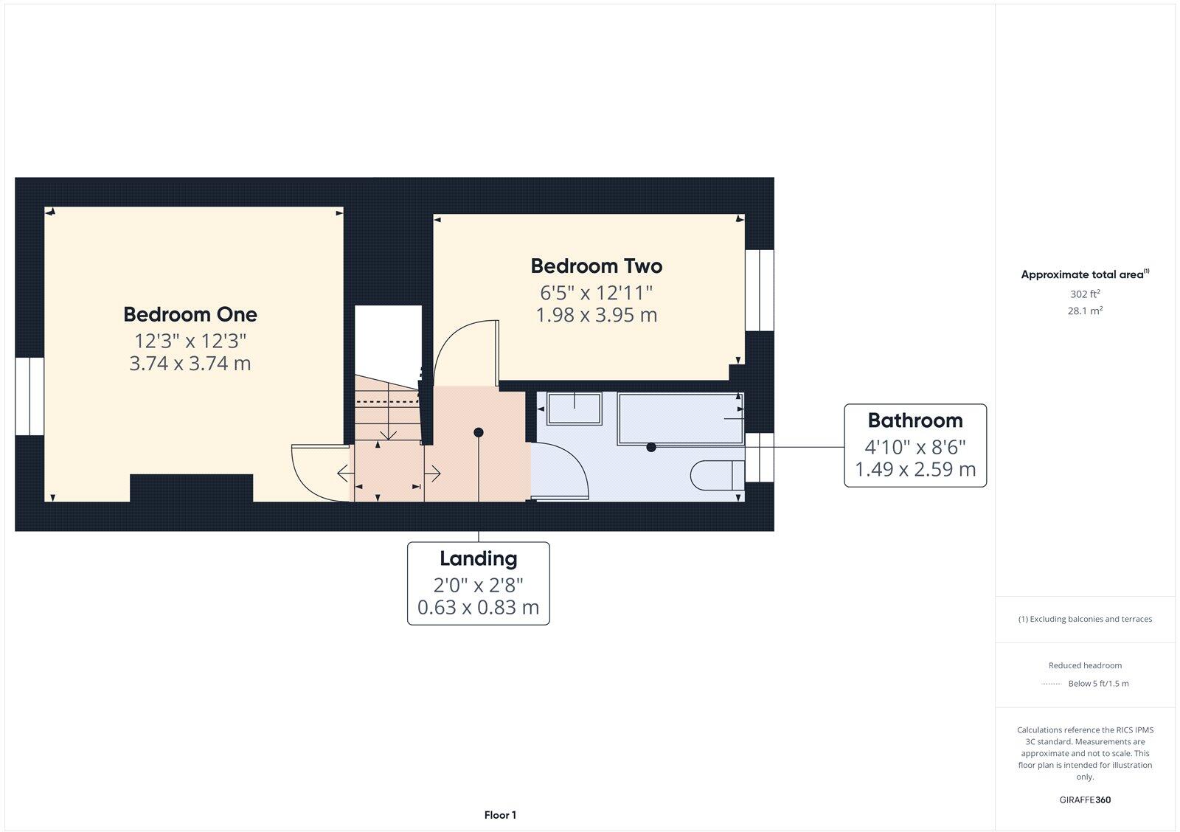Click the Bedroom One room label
190,314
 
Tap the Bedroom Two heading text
596,266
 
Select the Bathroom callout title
914,420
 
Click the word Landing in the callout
478,558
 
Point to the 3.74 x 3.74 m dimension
190,364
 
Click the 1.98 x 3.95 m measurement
596,315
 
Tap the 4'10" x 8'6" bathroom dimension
914,446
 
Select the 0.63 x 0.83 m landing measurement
478,608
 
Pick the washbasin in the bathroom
574,408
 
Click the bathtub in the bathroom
678,418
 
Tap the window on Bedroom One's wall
29,396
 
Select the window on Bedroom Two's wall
759,290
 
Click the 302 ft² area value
1085,294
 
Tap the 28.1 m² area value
1085,311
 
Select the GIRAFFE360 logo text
1085,800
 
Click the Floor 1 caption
500,815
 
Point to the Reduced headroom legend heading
1085,665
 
